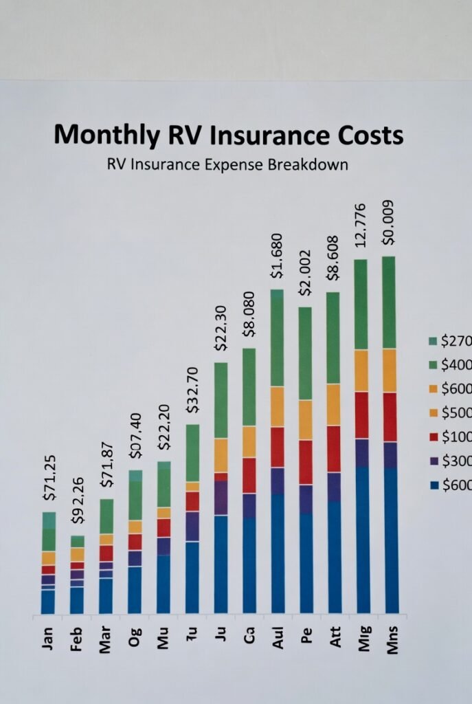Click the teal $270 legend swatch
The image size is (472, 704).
(x=432, y=341)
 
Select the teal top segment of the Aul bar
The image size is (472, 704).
(x=277, y=294)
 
